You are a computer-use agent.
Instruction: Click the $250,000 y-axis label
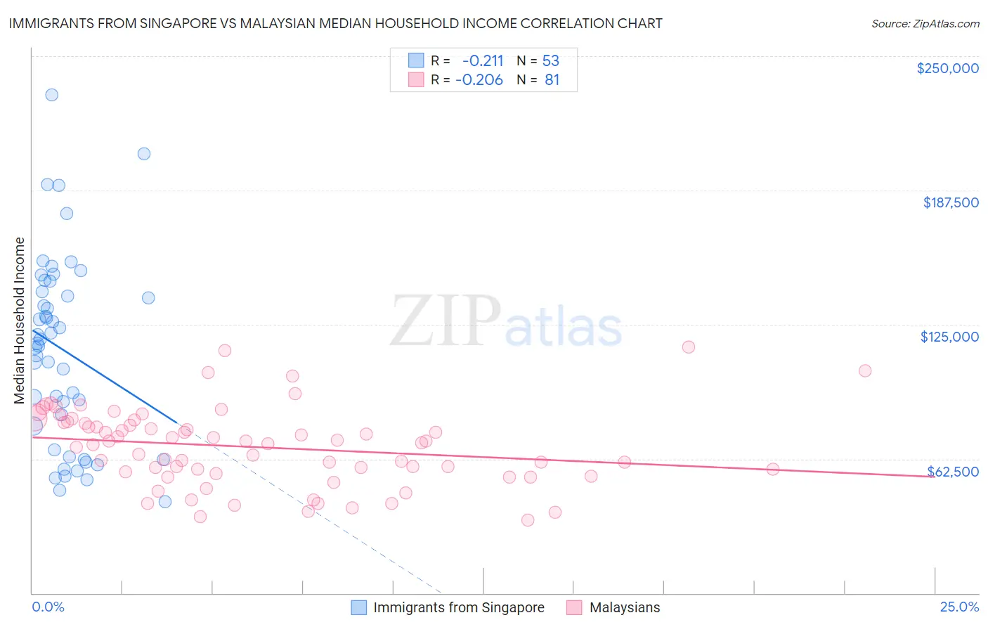tap(947, 68)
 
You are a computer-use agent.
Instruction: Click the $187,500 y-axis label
tap(950, 202)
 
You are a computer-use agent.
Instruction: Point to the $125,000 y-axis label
tap(949, 337)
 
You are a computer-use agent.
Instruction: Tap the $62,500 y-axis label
tap(953, 472)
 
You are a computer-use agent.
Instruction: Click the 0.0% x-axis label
tap(48, 607)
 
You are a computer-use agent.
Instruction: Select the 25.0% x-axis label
tap(959, 607)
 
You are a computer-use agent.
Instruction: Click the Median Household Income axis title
tap(19, 321)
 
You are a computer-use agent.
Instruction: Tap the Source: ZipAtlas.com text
tap(925, 24)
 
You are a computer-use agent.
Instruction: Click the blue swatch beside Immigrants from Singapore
tap(358, 607)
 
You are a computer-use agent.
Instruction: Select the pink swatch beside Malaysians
tap(574, 607)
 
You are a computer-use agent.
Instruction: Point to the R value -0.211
tap(482, 60)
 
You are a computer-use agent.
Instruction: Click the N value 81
tap(552, 80)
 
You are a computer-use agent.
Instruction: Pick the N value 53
tap(550, 60)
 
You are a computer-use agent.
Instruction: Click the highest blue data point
tap(51, 95)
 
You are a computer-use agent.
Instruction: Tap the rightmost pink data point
tap(865, 370)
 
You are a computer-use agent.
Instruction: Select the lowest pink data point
tap(528, 520)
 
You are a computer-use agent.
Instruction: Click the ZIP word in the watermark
tap(445, 321)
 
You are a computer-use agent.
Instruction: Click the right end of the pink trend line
tap(934, 477)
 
